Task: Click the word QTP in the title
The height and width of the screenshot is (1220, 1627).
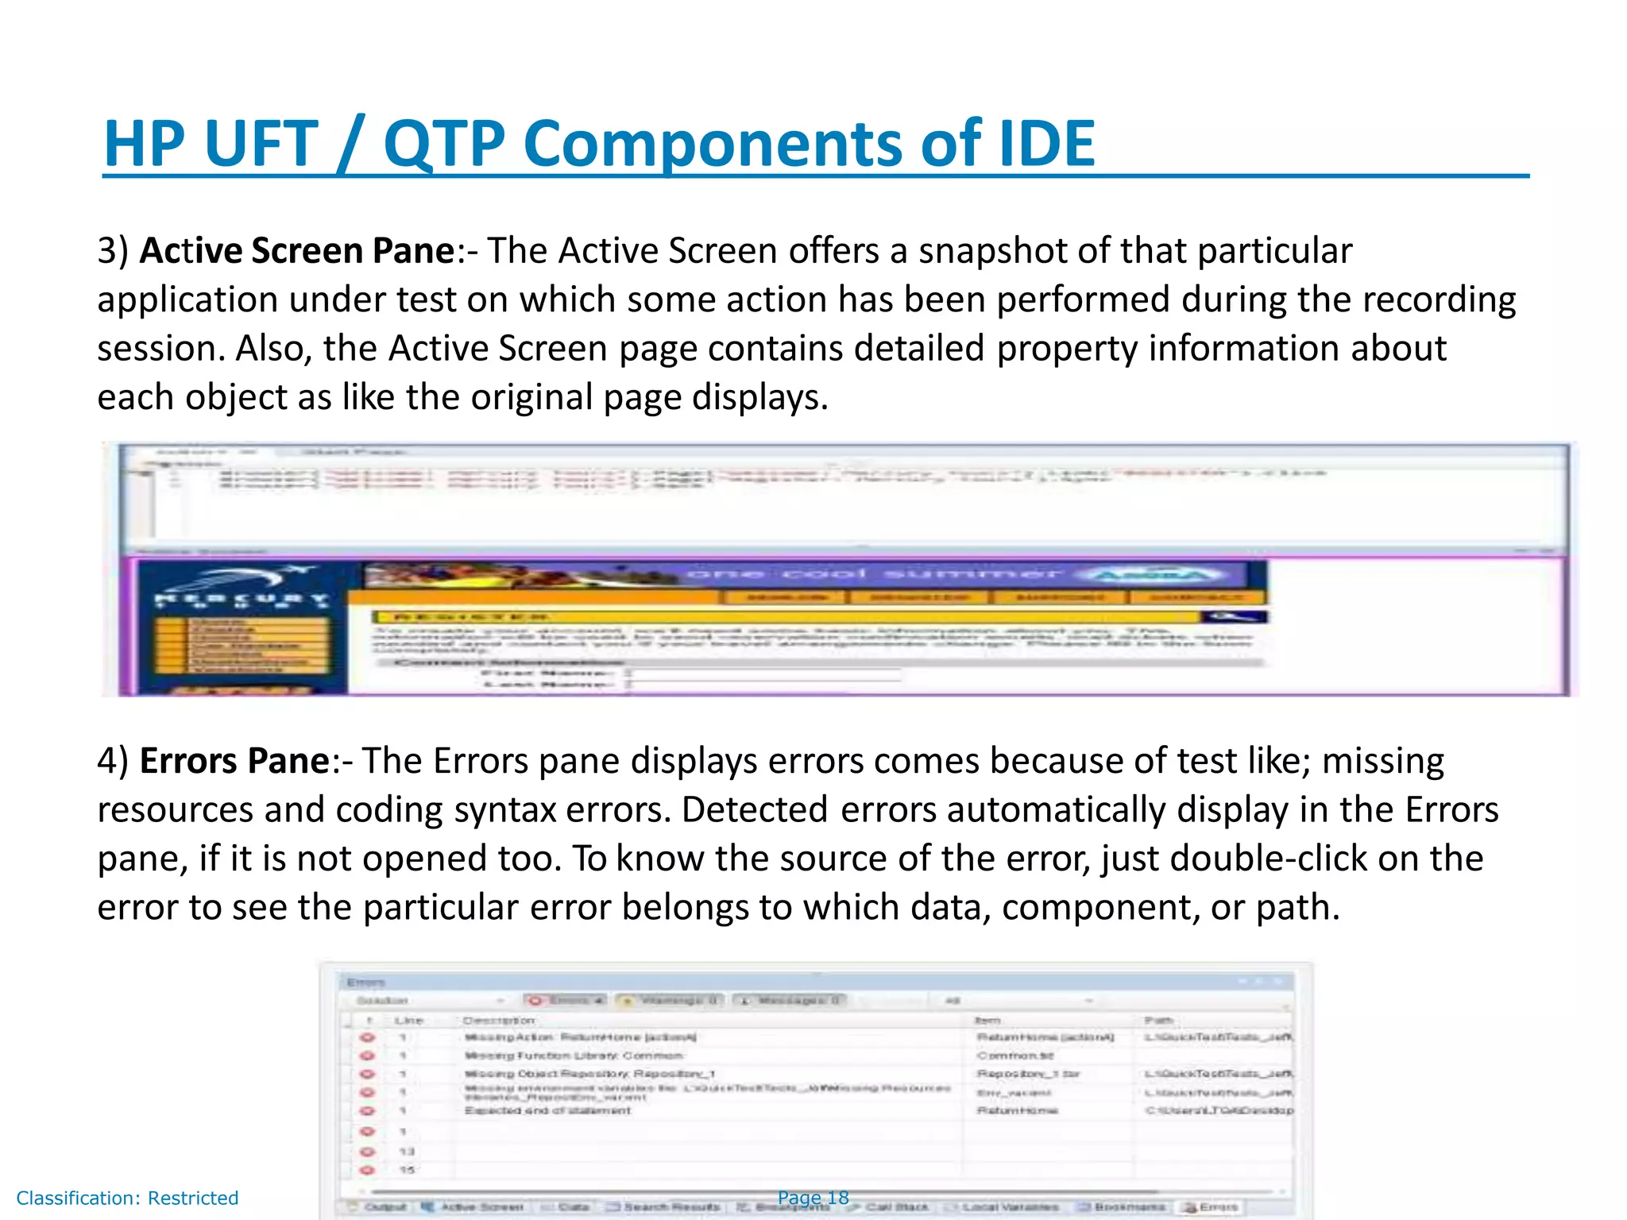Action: pyautogui.click(x=444, y=144)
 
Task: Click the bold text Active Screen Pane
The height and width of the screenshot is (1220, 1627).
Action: pyautogui.click(x=296, y=251)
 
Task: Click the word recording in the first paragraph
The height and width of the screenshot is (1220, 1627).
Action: pyautogui.click(x=1439, y=300)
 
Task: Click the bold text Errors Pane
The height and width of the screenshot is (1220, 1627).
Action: pyautogui.click(x=234, y=761)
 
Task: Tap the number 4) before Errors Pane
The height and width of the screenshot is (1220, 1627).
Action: pyautogui.click(x=112, y=761)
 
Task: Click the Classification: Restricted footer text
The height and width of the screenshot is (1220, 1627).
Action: pyautogui.click(x=127, y=1198)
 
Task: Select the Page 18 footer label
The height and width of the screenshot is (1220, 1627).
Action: pyautogui.click(x=813, y=1198)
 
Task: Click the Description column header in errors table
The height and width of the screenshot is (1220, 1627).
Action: pyautogui.click(x=499, y=1021)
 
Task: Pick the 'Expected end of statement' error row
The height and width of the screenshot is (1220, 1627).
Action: pyautogui.click(x=547, y=1110)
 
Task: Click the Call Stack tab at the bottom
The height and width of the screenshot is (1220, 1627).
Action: pyautogui.click(x=897, y=1207)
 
